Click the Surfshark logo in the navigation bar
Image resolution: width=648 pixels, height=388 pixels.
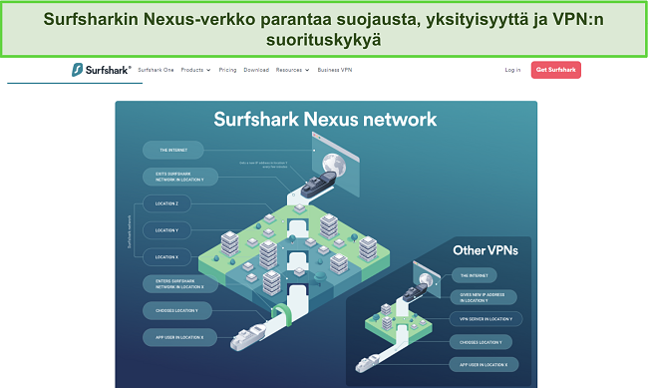pyautogui.click(x=97, y=70)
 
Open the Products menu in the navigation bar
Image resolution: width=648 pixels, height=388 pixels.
pyautogui.click(x=195, y=70)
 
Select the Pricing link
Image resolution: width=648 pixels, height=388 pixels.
pyautogui.click(x=227, y=70)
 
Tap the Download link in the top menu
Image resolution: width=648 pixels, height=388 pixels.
pyautogui.click(x=256, y=70)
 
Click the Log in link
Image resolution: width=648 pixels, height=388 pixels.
pyautogui.click(x=512, y=70)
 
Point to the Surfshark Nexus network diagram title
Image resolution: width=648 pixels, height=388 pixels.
pyautogui.click(x=325, y=120)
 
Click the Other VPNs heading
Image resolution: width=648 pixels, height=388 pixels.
pyautogui.click(x=485, y=249)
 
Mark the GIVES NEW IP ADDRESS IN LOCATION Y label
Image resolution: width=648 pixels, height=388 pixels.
pyautogui.click(x=481, y=296)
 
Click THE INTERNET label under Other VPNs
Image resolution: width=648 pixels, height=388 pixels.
pyautogui.click(x=473, y=273)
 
